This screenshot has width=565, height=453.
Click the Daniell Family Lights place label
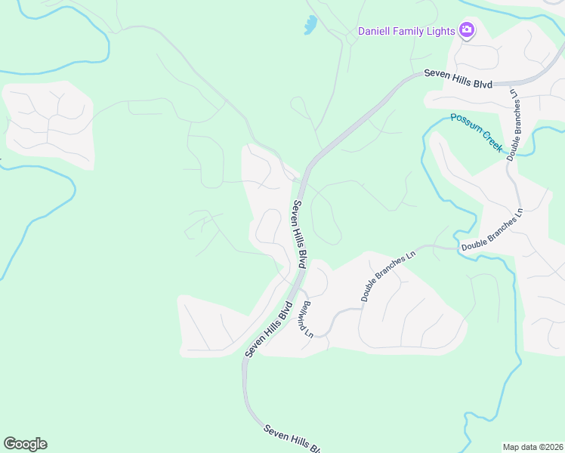coord(406,31)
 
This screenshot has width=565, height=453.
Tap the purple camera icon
coord(467,30)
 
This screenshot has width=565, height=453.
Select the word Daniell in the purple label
coord(375,31)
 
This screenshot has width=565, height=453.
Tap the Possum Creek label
coord(477,131)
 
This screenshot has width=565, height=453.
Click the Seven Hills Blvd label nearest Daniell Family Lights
coord(458,79)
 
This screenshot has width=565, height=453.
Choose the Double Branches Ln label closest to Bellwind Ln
coord(388,276)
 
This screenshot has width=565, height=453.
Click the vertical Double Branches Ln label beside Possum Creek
coord(514,124)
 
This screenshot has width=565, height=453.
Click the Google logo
coord(25,444)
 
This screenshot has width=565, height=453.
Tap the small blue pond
coord(310,26)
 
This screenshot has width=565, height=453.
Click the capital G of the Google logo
coord(10,444)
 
